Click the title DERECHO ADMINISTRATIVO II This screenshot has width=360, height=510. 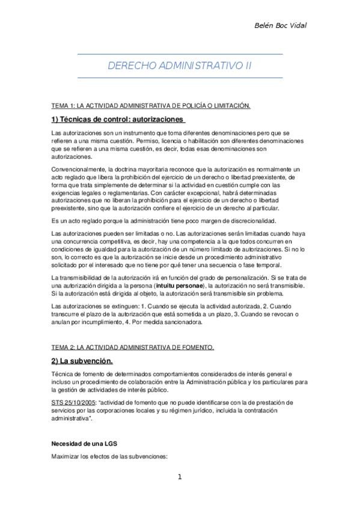[x=180, y=66]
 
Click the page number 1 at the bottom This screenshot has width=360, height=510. [x=180, y=477]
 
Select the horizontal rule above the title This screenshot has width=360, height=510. [x=180, y=54]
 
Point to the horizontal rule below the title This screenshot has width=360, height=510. [x=180, y=77]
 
